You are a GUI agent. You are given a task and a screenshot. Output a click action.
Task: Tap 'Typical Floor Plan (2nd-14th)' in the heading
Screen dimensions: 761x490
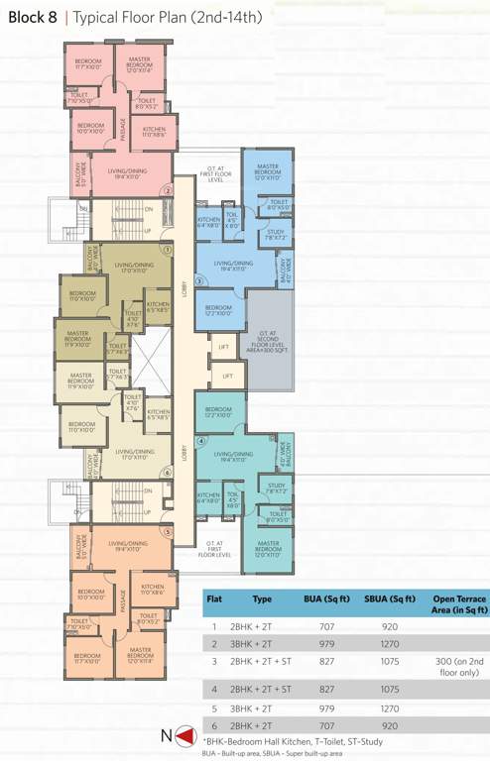(x=165, y=16)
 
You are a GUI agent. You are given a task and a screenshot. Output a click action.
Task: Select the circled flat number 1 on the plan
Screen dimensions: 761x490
(x=168, y=252)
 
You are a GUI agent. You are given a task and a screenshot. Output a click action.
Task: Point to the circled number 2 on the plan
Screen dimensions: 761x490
(x=169, y=191)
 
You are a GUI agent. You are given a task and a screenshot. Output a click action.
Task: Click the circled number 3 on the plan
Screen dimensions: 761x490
(x=199, y=281)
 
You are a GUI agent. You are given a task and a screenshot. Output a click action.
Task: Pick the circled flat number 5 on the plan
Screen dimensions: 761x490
(x=169, y=532)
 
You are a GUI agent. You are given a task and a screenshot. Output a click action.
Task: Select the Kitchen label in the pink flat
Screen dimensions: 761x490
(x=154, y=133)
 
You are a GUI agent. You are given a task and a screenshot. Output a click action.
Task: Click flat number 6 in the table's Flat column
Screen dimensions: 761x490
(x=213, y=726)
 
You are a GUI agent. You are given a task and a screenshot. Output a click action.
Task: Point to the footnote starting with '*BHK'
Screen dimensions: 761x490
(x=287, y=741)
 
